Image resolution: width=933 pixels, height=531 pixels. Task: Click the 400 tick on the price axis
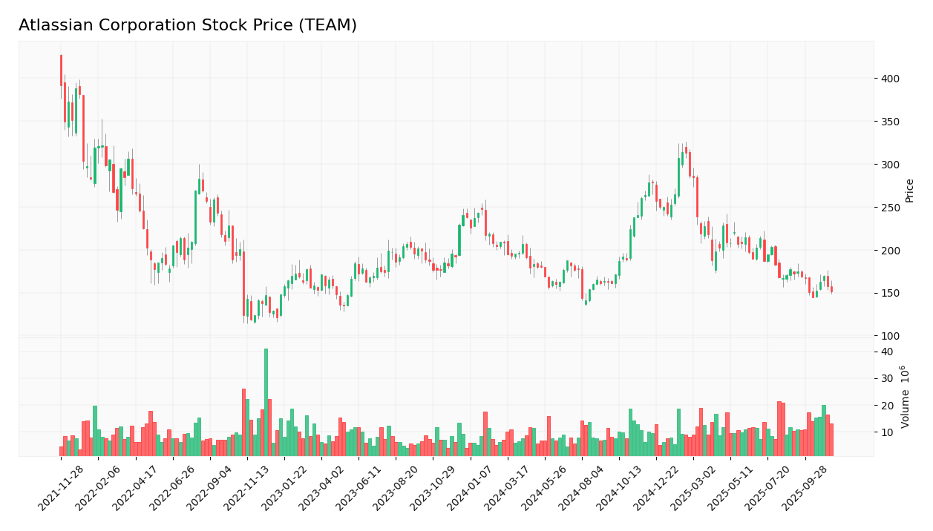coord(890,79)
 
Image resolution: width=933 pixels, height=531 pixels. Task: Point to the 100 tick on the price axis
coord(890,336)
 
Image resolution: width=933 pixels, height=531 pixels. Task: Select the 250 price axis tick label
coord(890,208)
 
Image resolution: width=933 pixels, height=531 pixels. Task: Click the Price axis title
coord(910,190)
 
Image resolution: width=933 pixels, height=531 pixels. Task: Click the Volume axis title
coord(906,396)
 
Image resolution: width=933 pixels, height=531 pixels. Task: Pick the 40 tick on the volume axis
coord(887,352)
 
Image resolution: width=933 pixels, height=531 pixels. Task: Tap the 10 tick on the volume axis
coord(887,432)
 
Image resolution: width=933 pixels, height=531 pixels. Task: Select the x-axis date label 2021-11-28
coord(62,488)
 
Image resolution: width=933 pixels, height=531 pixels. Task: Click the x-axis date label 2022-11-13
coord(248,488)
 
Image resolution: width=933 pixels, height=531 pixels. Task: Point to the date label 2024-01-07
coord(471,488)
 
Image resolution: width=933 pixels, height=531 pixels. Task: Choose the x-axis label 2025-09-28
coord(806,488)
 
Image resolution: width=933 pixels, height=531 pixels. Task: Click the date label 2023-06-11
coord(359,488)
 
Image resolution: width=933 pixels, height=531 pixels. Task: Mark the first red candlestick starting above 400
coord(61,70)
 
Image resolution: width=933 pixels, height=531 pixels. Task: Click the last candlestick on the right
coord(831,289)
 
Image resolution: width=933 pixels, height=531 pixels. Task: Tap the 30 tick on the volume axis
coord(887,378)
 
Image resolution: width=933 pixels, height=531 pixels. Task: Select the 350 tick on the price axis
coord(890,122)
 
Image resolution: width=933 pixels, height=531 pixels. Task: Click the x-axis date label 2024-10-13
coord(620,488)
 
